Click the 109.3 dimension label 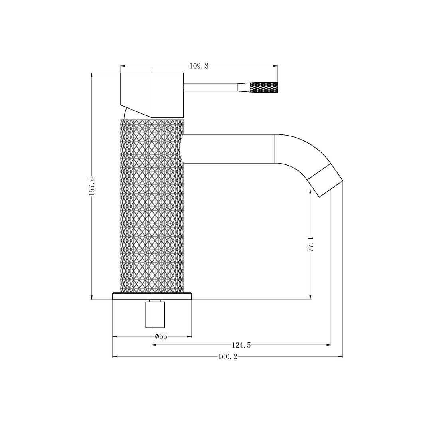tap(199, 66)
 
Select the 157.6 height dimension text tap(91, 186)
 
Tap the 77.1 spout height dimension tap(310, 243)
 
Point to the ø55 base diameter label tap(161, 336)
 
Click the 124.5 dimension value tap(241, 345)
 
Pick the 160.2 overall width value tap(227, 356)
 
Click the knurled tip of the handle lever tap(263, 87)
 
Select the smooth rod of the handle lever tap(210, 88)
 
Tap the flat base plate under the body tap(152, 296)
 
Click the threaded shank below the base tap(155, 314)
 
